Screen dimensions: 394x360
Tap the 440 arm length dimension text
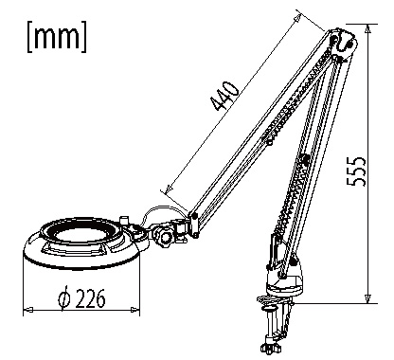[224, 97]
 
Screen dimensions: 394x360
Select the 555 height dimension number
[356, 171]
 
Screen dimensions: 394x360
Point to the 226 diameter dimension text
[91, 298]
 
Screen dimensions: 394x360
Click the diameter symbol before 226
[64, 297]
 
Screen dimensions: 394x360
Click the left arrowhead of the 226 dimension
[28, 310]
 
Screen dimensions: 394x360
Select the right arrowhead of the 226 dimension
[134, 310]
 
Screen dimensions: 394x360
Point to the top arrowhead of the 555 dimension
[367, 28]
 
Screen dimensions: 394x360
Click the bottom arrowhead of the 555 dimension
[367, 298]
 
